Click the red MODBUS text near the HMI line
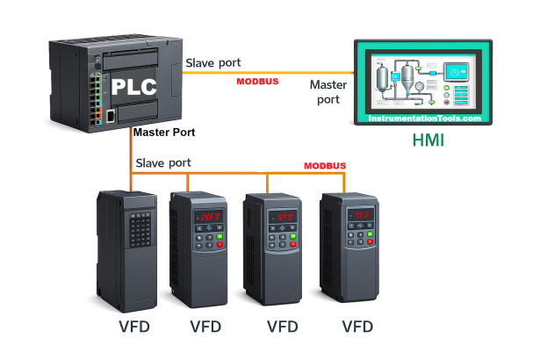258,83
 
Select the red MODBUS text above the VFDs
325,166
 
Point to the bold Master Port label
164,133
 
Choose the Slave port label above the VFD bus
163,163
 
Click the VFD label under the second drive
206,327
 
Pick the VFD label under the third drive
282,327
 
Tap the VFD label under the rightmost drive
357,327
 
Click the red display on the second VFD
209,216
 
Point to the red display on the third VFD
284,216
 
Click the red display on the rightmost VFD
359,214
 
